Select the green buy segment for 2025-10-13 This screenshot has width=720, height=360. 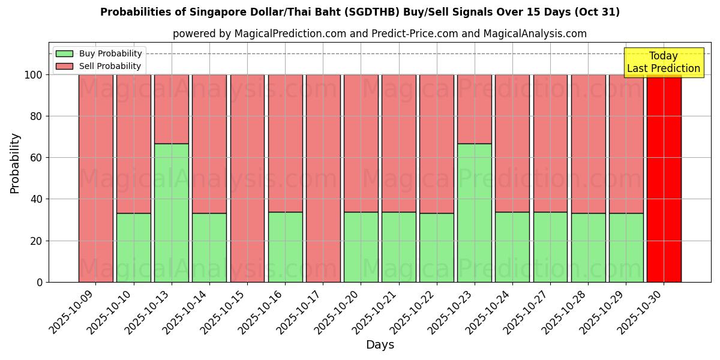coord(172,212)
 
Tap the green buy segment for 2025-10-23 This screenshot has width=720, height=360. coord(475,212)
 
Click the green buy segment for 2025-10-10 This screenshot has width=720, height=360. coord(134,247)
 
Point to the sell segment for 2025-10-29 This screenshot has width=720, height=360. coord(626,144)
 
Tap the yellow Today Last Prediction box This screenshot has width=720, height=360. coord(664,62)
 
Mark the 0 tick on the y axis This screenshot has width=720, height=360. coord(40,282)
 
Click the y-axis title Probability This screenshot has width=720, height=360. coord(15,163)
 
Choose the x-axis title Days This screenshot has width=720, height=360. coord(380,345)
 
